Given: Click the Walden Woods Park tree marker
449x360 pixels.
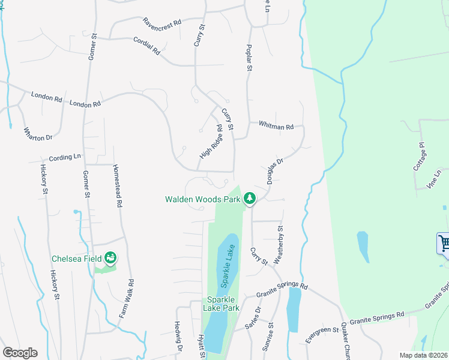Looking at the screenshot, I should coord(250,198).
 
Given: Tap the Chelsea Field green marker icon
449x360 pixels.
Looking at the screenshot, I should coord(110,258).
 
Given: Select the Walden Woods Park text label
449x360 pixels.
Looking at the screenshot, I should coord(202,199).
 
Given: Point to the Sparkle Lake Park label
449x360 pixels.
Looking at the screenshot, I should coord(223,303).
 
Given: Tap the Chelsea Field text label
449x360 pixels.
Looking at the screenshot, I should coord(77,259).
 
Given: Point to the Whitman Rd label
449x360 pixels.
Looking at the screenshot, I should coord(276,126).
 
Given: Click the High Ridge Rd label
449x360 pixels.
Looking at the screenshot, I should coord(211,142).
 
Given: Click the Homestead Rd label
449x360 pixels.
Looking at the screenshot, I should coord(118,185).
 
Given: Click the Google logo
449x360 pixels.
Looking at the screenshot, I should coord(20,353).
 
